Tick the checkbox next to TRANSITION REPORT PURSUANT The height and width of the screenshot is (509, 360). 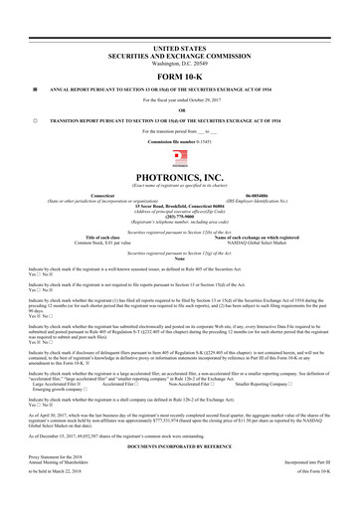pyautogui.click(x=35, y=118)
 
